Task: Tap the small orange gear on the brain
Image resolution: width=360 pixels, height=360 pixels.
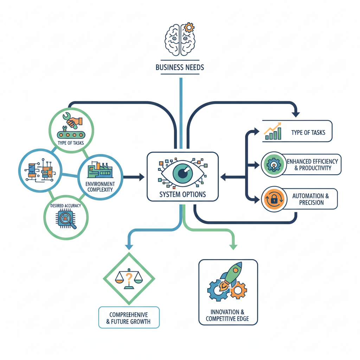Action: (x=189, y=27)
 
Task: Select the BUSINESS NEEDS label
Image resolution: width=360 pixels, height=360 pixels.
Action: (x=180, y=67)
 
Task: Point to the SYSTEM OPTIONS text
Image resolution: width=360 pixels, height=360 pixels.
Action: (x=182, y=194)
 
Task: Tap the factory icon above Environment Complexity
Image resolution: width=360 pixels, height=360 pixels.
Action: (x=100, y=169)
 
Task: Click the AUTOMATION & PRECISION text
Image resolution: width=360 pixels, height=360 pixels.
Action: (x=310, y=199)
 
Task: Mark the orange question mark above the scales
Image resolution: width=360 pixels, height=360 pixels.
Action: (x=129, y=277)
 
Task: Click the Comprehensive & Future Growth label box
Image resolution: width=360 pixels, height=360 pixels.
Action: (x=129, y=317)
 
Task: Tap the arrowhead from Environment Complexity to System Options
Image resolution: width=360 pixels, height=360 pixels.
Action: (x=142, y=177)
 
